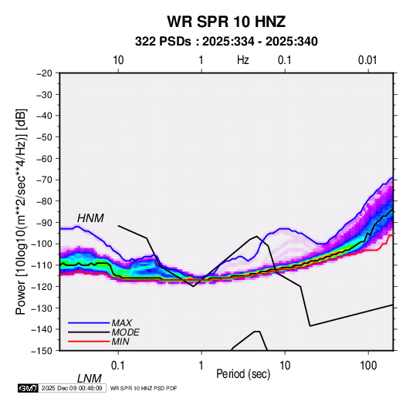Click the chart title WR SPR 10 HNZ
[226, 22]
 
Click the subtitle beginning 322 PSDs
[226, 42]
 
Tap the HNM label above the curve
[90, 218]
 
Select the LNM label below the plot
[90, 379]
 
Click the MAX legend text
[121, 322]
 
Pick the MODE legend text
[125, 332]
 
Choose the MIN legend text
[120, 342]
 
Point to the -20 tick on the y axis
[44, 73]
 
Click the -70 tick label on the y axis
[44, 180]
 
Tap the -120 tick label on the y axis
[42, 286]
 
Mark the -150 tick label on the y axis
[42, 351]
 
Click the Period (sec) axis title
[243, 374]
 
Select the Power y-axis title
[21, 211]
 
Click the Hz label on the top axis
[243, 60]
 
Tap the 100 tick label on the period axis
[368, 366]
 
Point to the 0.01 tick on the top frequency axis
[367, 60]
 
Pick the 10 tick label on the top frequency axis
[118, 60]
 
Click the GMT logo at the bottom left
[29, 388]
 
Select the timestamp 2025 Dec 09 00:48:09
[72, 388]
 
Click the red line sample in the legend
[89, 342]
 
